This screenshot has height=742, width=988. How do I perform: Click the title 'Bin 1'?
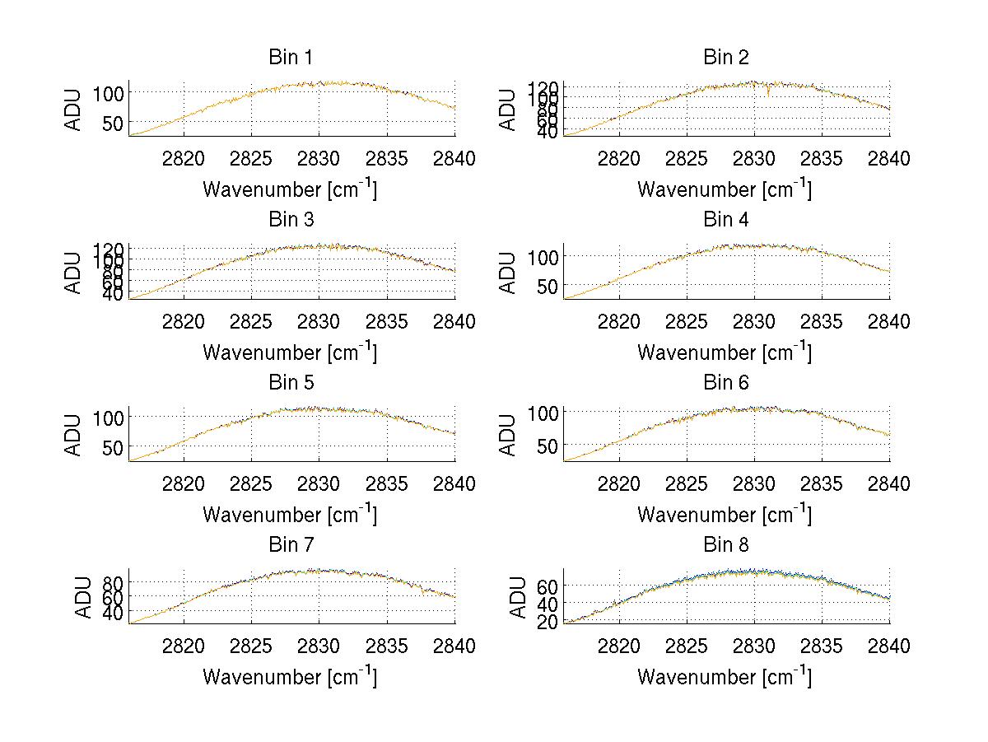tap(291, 58)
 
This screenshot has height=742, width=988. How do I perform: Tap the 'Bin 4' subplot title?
tap(725, 220)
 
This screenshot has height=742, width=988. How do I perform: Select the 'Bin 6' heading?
tap(725, 383)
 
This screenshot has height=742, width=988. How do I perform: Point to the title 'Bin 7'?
tap(291, 545)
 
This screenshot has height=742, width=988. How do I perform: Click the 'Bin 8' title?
tap(725, 545)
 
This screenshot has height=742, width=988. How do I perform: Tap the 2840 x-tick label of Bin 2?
tap(889, 159)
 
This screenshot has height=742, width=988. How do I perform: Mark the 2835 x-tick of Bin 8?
tap(822, 646)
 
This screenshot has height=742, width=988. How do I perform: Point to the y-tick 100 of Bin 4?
tap(541, 256)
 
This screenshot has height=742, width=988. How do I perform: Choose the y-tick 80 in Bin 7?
tap(113, 582)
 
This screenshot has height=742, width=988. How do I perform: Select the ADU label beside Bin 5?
tap(74, 435)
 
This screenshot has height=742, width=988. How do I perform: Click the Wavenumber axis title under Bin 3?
tap(290, 352)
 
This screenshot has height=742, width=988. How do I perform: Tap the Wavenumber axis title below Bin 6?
tap(725, 515)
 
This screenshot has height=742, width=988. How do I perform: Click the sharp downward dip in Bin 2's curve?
tap(768, 95)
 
